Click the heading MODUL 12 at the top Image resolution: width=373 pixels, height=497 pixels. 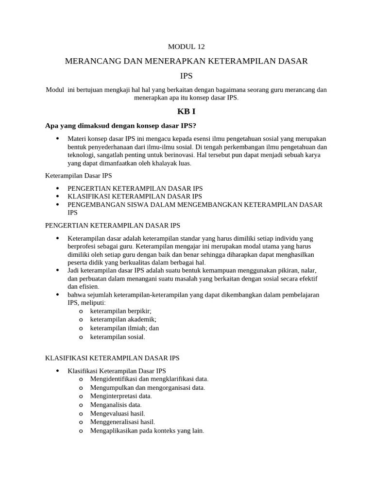click(186, 47)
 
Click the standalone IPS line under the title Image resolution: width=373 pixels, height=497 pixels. click(186, 76)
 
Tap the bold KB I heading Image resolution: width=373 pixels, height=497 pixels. click(186, 111)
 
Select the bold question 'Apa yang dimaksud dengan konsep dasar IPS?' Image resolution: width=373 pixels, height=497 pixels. click(120, 126)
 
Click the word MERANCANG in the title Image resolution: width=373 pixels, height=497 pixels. click(93, 62)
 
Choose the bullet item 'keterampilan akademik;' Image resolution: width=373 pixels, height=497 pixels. click(123, 319)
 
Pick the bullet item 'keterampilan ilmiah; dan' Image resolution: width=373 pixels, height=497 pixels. click(124, 328)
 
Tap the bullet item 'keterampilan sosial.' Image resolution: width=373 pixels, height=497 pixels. click(118, 337)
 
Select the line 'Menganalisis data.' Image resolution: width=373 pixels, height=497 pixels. click(116, 405)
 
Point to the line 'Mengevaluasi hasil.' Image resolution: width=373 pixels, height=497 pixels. click(118, 414)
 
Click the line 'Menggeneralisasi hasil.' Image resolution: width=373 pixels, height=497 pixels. click(122, 422)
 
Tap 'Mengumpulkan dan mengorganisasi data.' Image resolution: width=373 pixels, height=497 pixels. click(148, 388)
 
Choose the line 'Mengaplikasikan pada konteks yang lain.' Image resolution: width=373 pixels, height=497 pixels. click(147, 431)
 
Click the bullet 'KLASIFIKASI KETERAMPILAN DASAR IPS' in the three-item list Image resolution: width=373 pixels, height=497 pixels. click(135, 197)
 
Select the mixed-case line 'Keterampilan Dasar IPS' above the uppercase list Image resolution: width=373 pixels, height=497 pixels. click(78, 176)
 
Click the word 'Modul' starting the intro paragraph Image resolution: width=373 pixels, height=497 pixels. click(54, 90)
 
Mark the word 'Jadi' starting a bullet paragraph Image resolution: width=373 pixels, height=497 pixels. click(74, 270)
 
